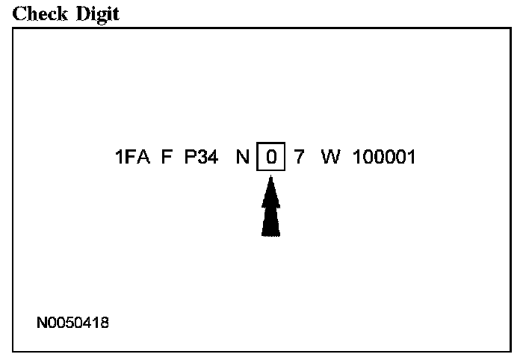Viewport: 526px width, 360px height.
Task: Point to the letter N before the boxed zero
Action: (243, 158)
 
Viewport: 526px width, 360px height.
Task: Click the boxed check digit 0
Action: (271, 158)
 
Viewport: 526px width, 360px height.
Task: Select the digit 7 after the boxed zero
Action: (299, 158)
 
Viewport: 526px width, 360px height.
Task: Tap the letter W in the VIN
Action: (329, 158)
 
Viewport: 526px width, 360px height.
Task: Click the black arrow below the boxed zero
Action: (271, 209)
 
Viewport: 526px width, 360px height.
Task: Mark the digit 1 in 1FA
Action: (120, 158)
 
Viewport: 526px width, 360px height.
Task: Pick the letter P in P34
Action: (190, 158)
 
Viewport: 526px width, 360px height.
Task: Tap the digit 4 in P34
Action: (212, 158)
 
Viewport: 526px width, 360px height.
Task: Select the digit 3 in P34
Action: (201, 158)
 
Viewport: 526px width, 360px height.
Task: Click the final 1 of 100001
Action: (410, 158)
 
